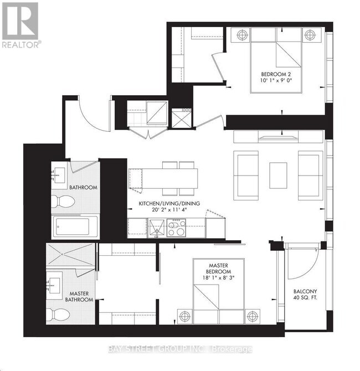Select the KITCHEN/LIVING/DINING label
[x=168, y=203]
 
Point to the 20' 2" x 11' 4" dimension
[x=168, y=211]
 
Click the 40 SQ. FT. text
[x=305, y=301]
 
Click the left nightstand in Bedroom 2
[x=241, y=35]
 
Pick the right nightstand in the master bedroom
[x=253, y=317]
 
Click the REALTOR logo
[x=20, y=25]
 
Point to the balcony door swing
[x=302, y=257]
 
